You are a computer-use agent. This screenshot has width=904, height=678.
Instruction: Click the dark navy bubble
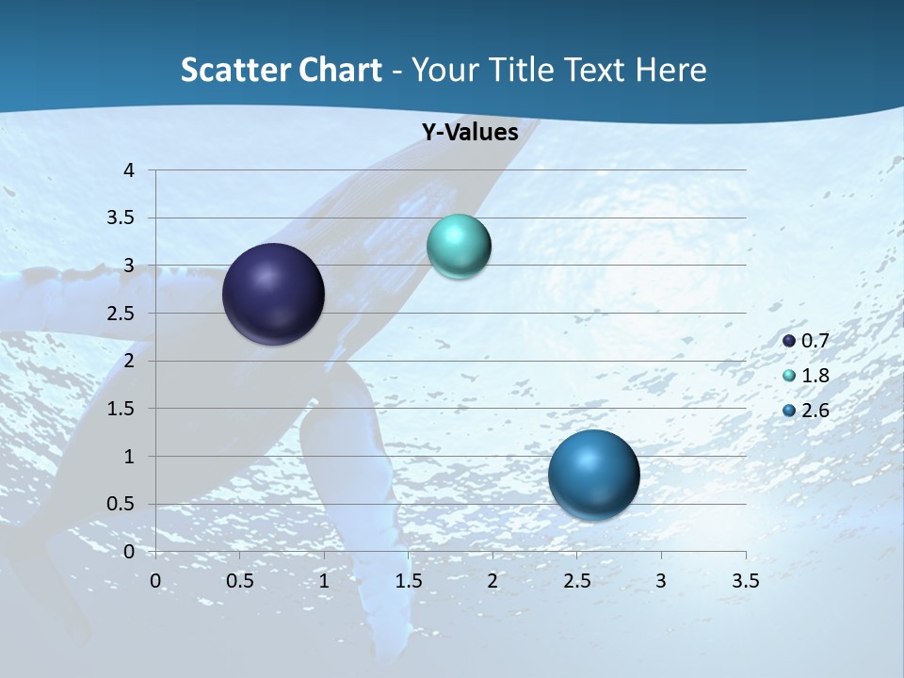(x=273, y=294)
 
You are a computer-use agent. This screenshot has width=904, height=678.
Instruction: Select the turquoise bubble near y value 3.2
(x=459, y=246)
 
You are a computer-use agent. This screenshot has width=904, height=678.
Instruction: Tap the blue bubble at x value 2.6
(x=593, y=475)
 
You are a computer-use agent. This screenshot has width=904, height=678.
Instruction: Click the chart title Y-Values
(x=469, y=133)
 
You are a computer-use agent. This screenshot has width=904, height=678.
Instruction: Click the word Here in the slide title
(x=670, y=70)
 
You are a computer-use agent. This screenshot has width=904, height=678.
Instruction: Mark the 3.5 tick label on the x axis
(x=745, y=581)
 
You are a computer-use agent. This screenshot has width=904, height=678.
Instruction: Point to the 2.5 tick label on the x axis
(x=576, y=581)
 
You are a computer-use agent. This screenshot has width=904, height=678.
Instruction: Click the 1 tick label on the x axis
(x=324, y=581)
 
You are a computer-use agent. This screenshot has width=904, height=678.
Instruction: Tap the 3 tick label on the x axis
(x=661, y=581)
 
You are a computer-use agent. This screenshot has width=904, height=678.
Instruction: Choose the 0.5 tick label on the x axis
(x=240, y=581)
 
